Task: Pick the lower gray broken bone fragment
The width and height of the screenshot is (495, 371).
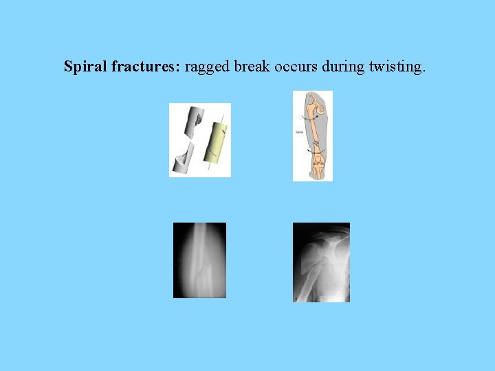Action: tap(184, 157)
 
